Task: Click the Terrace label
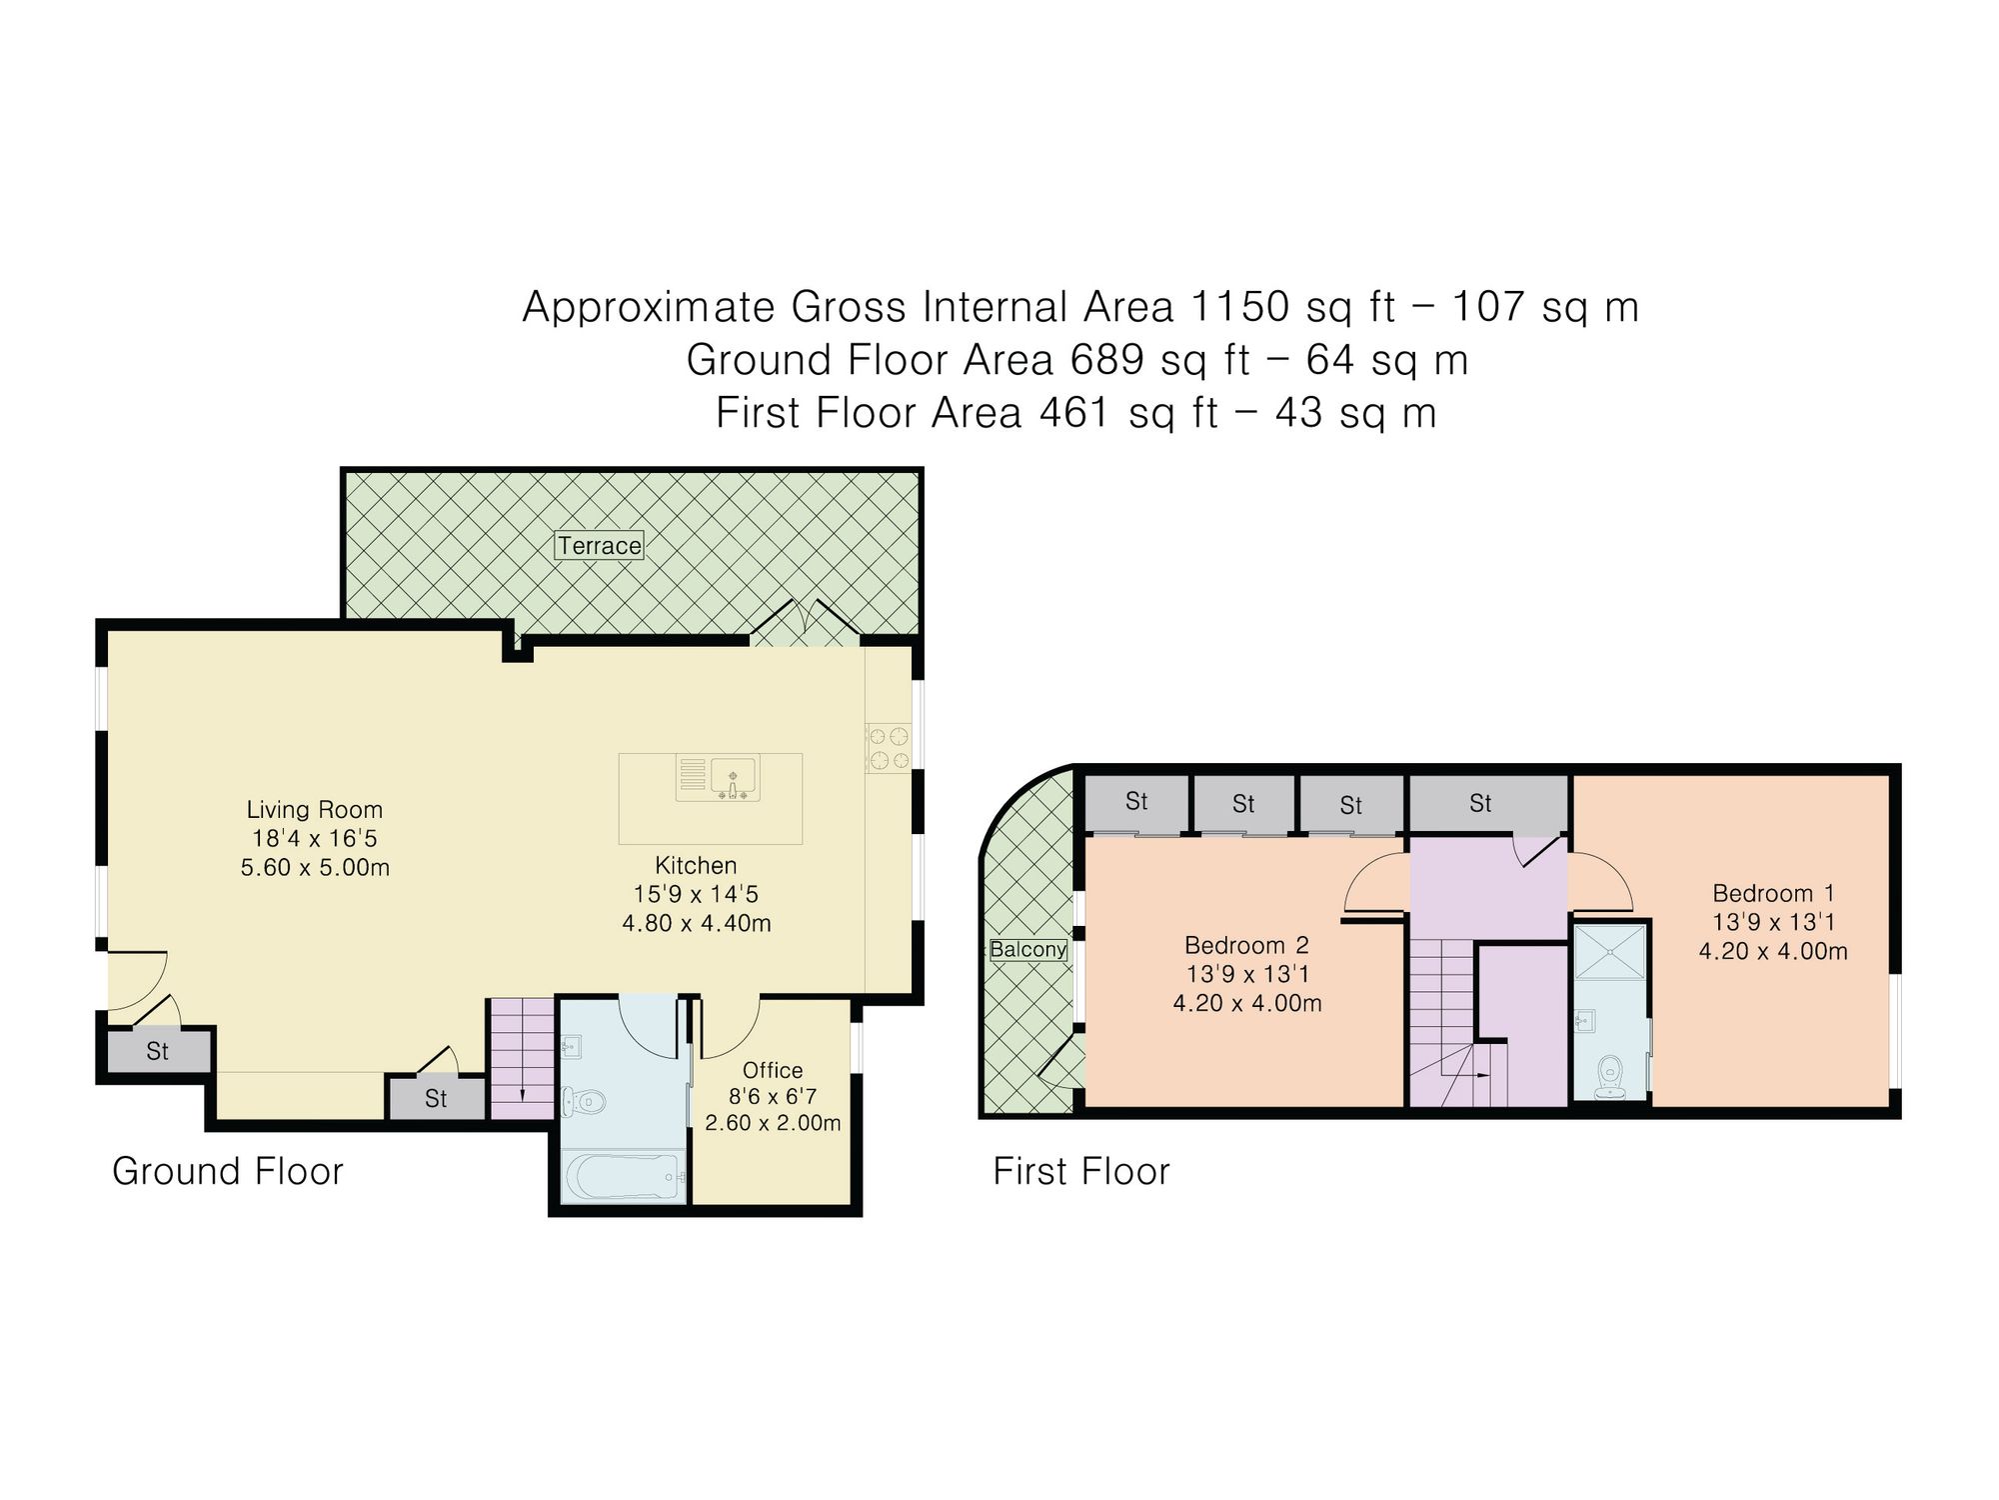(600, 546)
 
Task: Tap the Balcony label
(1028, 949)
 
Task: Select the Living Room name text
(315, 810)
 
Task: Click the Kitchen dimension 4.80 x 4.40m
(697, 923)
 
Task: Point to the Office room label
(773, 1070)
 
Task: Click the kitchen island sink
(733, 777)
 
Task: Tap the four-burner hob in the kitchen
(889, 749)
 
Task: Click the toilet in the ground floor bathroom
(584, 1102)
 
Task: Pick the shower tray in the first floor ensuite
(1609, 952)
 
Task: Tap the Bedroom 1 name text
(1773, 893)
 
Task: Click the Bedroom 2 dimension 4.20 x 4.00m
(1247, 1003)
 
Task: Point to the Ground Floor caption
(228, 1171)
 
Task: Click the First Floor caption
(1080, 1171)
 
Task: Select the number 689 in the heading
(1106, 359)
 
